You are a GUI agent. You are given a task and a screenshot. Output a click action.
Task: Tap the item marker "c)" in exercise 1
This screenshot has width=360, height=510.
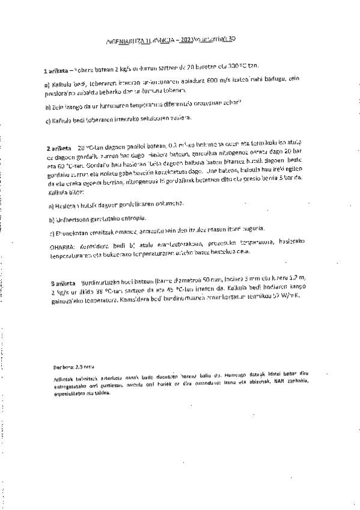click(x=47, y=120)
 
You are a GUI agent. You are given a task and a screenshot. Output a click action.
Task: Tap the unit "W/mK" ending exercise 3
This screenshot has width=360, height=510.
click(x=297, y=297)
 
